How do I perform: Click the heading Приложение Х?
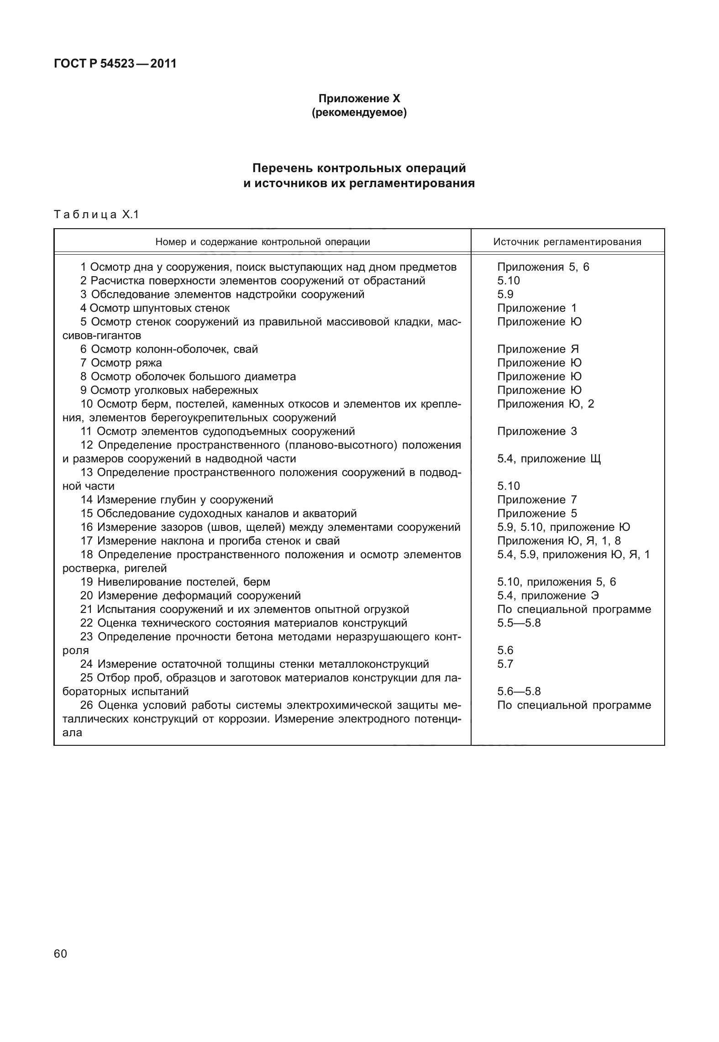tap(359, 98)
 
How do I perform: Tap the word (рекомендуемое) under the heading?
tap(359, 112)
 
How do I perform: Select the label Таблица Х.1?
tap(96, 214)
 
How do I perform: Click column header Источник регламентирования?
tap(567, 242)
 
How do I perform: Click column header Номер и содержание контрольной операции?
tap(262, 242)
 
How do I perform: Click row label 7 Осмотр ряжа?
tap(121, 363)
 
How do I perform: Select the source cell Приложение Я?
tap(538, 349)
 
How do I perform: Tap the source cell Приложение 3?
tap(537, 431)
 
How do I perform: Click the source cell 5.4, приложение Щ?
tap(549, 459)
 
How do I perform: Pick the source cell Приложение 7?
tap(537, 500)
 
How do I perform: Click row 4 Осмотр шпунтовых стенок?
tap(155, 308)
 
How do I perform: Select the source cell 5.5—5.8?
tap(519, 623)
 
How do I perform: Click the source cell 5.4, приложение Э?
tap(548, 596)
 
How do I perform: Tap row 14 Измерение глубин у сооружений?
tap(177, 500)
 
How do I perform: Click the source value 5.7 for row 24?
tap(505, 664)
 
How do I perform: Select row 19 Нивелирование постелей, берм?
tap(175, 582)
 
